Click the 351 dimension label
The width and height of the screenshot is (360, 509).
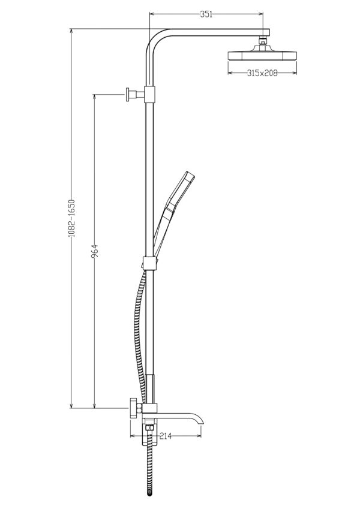point(206,14)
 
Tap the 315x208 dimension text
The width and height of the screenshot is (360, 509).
point(263,73)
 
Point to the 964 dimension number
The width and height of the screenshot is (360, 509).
point(95,251)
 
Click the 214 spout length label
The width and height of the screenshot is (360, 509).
point(166,436)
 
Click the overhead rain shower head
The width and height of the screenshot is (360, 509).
point(263,55)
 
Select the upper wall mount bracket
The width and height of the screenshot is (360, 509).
point(135,95)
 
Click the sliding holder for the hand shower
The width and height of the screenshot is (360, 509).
point(150,263)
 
